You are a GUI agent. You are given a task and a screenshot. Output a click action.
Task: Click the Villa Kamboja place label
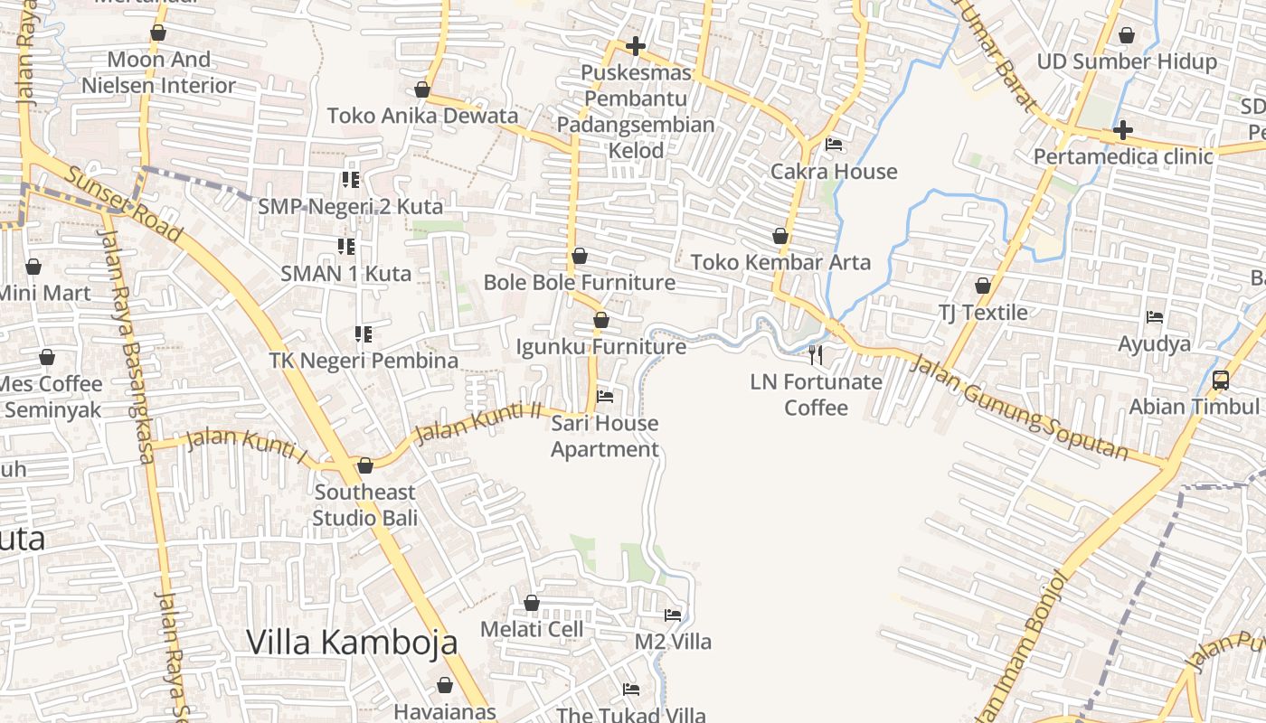coord(352,642)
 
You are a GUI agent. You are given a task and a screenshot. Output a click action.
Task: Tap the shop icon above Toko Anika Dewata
coord(421,89)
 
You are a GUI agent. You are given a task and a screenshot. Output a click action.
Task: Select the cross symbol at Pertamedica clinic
coord(1122,130)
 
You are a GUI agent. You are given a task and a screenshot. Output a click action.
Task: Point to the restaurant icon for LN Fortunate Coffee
coord(816,353)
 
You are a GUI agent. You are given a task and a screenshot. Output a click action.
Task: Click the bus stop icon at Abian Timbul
coord(1221,380)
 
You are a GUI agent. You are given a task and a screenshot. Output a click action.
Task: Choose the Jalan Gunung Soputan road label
coord(1018,408)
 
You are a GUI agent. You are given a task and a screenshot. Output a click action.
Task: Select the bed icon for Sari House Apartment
coord(605,396)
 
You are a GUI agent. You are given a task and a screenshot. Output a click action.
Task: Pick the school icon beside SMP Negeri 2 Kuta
coord(351,180)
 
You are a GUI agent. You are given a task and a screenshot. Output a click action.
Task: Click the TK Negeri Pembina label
coord(364,361)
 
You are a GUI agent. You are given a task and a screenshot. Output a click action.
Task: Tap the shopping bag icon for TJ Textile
coord(983,286)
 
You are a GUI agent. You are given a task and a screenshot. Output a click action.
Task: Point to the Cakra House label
coord(834,172)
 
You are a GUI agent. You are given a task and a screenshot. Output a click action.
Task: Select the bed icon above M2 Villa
coord(673,615)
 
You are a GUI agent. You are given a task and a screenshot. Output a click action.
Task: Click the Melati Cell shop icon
coord(532,603)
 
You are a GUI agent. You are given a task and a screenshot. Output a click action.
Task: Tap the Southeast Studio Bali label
coord(365,505)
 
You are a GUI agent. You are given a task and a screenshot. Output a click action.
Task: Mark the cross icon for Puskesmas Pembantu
coord(636,45)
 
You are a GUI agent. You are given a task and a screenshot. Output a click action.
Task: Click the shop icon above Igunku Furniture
coord(601,320)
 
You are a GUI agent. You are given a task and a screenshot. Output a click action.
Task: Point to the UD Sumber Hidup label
coord(1127,61)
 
